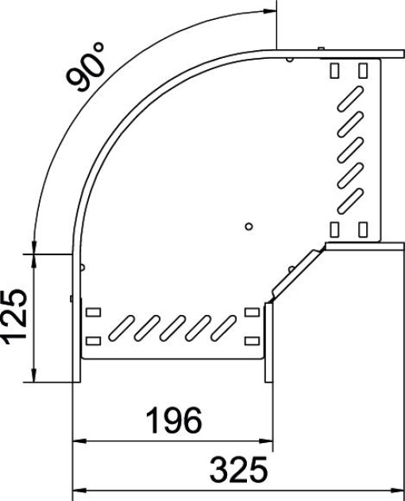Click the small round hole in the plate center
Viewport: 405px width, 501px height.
point(249,227)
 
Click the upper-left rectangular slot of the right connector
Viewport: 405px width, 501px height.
point(334,70)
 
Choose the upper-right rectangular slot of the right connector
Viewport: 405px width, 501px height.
point(363,70)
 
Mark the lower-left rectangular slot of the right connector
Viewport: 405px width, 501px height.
point(334,230)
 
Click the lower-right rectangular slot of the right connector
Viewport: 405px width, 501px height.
point(363,230)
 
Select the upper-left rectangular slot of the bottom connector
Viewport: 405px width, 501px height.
point(93,312)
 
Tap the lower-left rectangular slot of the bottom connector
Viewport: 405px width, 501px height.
point(93,340)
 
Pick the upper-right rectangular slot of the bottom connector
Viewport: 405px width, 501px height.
point(253,312)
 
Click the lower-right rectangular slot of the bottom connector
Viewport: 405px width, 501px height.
point(253,340)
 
